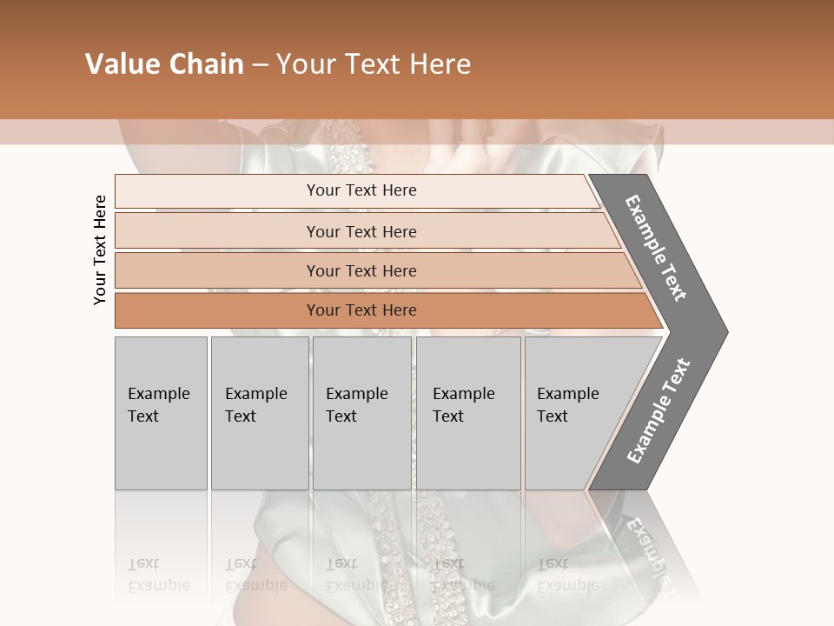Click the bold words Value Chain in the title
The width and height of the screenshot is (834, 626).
click(164, 64)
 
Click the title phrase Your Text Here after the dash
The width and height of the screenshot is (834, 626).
click(374, 64)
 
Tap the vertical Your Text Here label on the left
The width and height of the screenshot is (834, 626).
click(100, 250)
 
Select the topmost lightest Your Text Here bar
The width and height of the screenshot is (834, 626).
click(361, 190)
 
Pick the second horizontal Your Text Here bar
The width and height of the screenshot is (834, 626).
click(361, 231)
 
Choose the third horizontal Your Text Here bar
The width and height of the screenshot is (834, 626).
click(361, 270)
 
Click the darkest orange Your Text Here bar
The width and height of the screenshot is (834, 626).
click(361, 310)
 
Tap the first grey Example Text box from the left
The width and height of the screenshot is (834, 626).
click(161, 412)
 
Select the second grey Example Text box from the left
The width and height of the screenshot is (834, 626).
click(259, 412)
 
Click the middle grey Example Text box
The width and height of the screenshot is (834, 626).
click(361, 412)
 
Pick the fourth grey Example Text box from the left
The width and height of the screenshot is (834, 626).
click(467, 412)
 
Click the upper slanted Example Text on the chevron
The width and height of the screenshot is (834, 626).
click(656, 248)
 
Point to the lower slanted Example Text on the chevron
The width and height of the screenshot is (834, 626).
click(659, 410)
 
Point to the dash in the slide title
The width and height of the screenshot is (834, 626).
click(260, 65)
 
